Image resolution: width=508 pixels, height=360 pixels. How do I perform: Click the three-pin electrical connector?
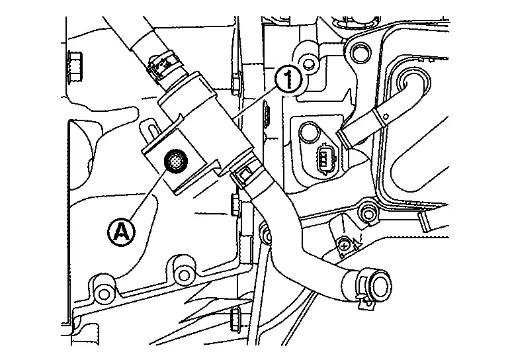323,159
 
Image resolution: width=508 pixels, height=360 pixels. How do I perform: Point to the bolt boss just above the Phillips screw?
368,213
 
